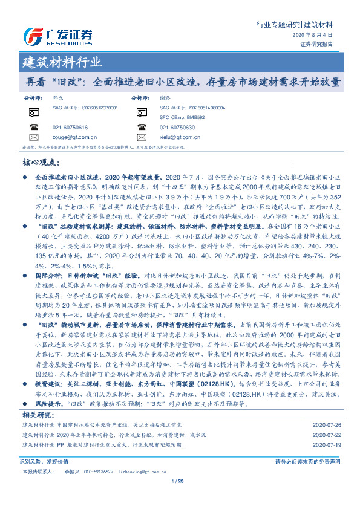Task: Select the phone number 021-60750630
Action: [x=177, y=128]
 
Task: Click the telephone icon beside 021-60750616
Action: [x=33, y=128]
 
